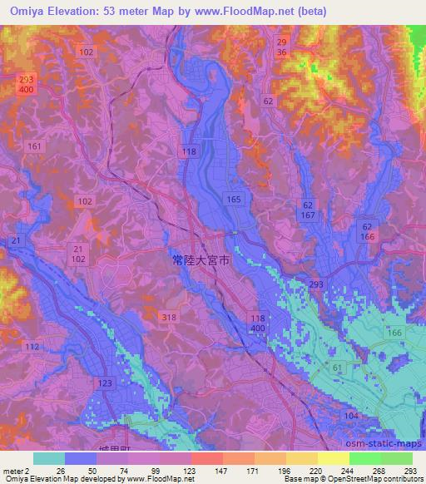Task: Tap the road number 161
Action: [x=34, y=146]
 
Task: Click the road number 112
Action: [x=32, y=347]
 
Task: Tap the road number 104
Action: [x=350, y=416]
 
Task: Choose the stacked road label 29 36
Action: [x=281, y=47]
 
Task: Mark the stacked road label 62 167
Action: [x=308, y=209]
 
